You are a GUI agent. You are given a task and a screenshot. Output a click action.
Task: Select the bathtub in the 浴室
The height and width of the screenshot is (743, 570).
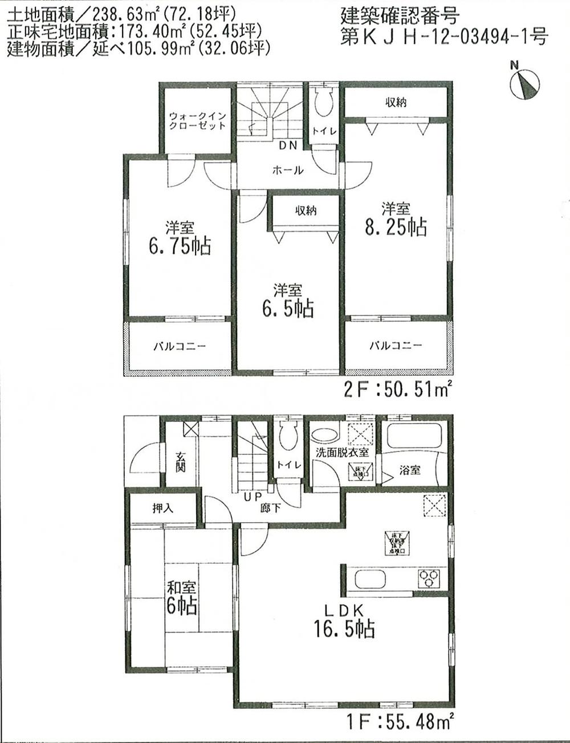(x=414, y=436)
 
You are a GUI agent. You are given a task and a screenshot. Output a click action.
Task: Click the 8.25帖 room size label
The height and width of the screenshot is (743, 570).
(x=396, y=227)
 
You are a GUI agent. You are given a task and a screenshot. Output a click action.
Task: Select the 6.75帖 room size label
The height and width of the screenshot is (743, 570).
(x=179, y=247)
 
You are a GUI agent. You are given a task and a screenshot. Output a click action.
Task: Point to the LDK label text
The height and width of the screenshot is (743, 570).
(x=344, y=610)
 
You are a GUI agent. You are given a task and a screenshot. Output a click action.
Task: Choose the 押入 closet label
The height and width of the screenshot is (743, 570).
(x=162, y=508)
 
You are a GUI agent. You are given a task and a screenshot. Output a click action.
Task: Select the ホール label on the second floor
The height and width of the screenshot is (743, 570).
(x=288, y=170)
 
